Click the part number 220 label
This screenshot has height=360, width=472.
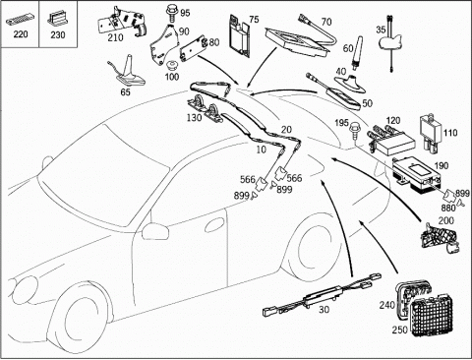[21, 33]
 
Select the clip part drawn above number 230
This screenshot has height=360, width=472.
[58, 20]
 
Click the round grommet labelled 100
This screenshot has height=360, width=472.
[170, 66]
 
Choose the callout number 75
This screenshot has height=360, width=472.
[254, 19]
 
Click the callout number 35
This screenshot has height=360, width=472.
[381, 30]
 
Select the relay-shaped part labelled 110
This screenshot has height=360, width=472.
[430, 133]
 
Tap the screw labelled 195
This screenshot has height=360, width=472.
[354, 131]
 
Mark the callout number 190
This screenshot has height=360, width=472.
[441, 165]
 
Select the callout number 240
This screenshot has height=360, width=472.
[387, 305]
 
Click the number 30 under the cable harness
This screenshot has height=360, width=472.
[324, 309]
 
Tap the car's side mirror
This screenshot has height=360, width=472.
[155, 231]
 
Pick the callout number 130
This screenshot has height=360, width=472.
[195, 117]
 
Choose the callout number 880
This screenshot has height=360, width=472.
[448, 208]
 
